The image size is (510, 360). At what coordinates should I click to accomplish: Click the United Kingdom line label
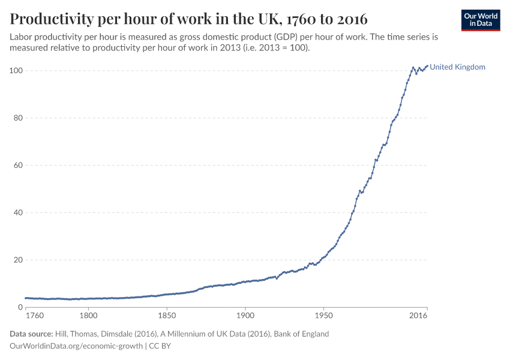[x=457, y=67]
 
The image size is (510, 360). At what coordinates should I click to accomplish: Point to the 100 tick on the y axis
[x=16, y=71]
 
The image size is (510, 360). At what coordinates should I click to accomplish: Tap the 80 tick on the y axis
[x=18, y=118]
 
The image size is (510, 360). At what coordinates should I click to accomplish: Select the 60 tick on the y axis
[x=18, y=166]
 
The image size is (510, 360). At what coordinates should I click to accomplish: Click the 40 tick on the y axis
[x=18, y=212]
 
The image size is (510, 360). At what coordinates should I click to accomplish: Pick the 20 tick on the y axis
[x=18, y=260]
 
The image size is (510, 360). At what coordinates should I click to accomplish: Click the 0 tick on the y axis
[x=20, y=307]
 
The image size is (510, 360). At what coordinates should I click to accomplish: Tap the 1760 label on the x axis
[x=35, y=315]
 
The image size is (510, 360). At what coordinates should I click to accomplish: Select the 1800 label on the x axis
[x=88, y=315]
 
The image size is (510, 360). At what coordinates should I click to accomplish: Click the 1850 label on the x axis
[x=167, y=315]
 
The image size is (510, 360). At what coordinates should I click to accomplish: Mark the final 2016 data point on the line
[x=427, y=66]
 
